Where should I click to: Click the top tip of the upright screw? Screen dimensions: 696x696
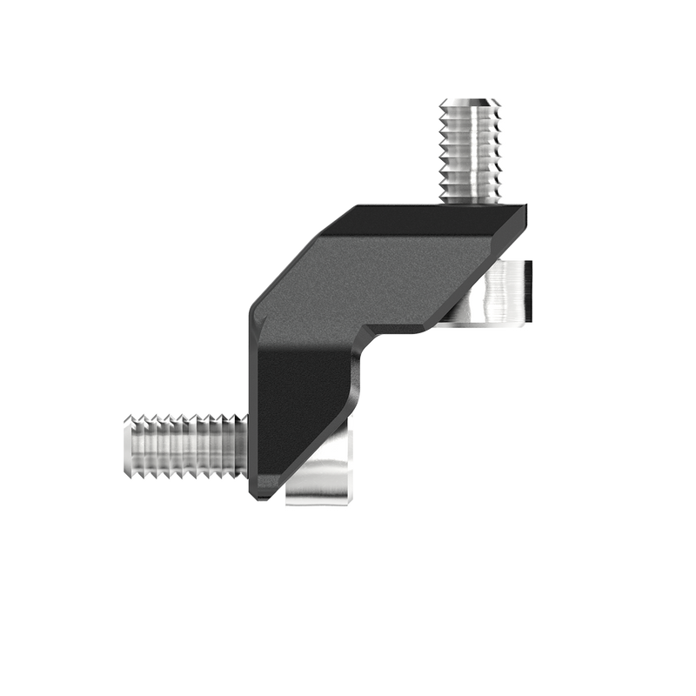(470, 99)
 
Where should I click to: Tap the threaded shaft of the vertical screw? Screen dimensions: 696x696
(470, 148)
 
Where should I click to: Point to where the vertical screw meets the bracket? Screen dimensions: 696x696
(470, 201)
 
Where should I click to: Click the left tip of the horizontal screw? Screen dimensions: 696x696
(128, 449)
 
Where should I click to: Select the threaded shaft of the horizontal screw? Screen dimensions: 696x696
(183, 449)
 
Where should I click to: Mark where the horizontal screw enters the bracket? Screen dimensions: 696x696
(247, 449)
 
